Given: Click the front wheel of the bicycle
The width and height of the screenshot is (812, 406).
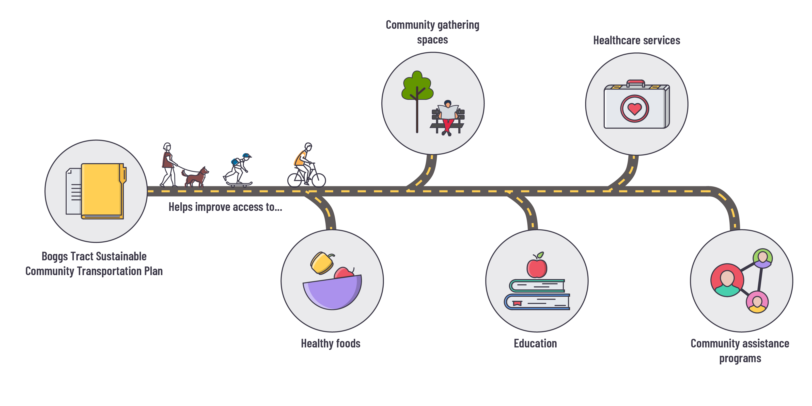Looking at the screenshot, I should point(318,180).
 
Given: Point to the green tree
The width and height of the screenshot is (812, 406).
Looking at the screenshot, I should point(417,87).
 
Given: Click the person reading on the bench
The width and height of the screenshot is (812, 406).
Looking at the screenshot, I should point(448,117).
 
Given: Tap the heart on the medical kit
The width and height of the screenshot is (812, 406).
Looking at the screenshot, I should point(635,109).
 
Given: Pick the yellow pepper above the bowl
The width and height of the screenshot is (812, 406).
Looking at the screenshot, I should point(322,263).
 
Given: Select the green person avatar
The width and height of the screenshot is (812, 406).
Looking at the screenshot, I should point(763,258).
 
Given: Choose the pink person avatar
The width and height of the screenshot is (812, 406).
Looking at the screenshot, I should point(757,302).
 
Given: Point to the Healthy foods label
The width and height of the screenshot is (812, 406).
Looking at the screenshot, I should point(330,343).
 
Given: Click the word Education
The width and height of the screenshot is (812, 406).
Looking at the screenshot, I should point(535,343).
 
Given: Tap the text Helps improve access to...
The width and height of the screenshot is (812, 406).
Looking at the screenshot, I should point(225,207).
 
